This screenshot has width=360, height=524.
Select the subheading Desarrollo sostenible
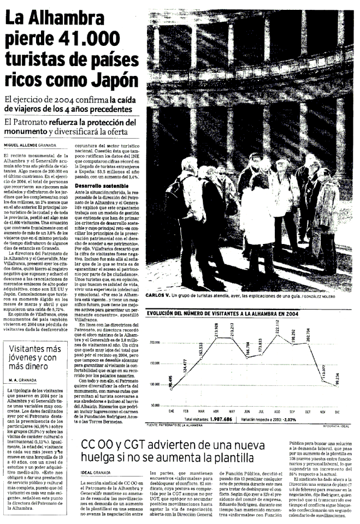pos(98,186)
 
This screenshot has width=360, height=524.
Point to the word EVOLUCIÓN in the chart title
pos(164,313)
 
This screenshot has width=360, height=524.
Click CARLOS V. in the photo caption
pos(158,295)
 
